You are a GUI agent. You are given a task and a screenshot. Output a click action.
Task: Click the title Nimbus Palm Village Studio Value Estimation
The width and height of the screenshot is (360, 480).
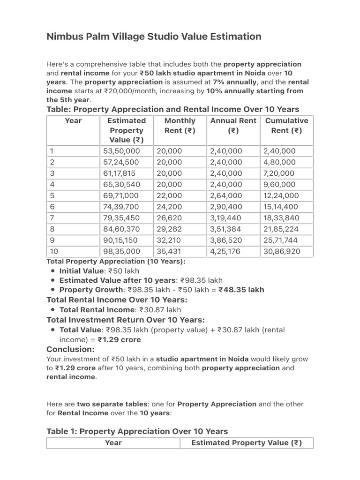tap(154, 37)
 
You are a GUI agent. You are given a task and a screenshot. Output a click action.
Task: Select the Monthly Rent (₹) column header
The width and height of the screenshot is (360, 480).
tap(180, 126)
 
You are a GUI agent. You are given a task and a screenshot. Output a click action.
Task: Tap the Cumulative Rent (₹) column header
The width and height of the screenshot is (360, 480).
tap(286, 126)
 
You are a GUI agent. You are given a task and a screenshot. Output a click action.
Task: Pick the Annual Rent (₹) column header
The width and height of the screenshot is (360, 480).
tap(233, 126)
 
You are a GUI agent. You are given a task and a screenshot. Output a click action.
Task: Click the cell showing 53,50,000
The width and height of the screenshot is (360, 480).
tap(121, 151)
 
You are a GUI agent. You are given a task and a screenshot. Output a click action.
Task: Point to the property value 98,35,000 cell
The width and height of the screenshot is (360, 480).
tap(121, 252)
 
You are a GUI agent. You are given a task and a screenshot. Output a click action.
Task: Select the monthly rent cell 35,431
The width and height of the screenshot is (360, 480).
tap(169, 252)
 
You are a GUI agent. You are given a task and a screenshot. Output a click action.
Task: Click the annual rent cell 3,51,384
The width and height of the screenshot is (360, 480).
tap(226, 229)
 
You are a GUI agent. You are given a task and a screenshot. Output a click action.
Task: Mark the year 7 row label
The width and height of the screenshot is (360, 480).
tap(52, 218)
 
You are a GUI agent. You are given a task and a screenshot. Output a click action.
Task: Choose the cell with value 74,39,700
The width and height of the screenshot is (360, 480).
tap(121, 207)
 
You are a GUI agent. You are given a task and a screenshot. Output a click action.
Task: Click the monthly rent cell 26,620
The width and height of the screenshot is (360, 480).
tap(169, 218)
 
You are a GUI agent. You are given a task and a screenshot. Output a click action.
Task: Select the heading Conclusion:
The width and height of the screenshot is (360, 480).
tap(71, 349)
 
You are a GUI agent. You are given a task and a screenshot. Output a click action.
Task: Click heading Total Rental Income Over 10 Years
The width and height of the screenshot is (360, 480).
tap(117, 300)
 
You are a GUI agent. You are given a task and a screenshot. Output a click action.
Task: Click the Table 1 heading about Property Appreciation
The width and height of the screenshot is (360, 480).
tap(137, 431)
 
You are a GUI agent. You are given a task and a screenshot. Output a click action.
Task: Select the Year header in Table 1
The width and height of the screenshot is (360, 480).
tap(113, 443)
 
